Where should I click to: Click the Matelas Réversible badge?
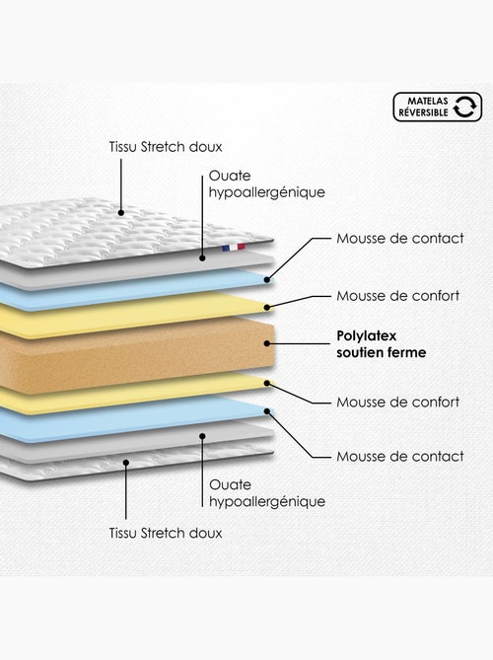(438, 107)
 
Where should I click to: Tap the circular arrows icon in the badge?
(464, 107)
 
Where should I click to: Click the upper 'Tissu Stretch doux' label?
(166, 146)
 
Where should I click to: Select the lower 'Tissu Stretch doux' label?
(166, 533)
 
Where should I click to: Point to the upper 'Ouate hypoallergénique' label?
(266, 183)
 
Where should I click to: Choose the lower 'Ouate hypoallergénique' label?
(267, 493)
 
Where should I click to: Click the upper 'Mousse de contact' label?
(400, 238)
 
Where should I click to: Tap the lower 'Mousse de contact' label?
(400, 456)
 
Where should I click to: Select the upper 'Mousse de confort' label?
(398, 296)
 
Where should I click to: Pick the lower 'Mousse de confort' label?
(398, 402)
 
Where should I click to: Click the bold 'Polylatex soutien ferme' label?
(382, 344)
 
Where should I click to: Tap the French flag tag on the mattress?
(234, 247)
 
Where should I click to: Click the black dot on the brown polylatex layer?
(266, 343)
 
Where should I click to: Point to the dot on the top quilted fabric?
(121, 213)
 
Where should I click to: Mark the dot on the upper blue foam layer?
(266, 279)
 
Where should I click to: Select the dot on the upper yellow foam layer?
(266, 308)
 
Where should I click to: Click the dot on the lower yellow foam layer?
(266, 383)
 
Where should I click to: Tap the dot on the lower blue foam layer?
(266, 411)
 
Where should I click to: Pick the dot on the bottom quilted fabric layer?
(126, 463)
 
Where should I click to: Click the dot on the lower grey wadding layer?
(202, 436)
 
